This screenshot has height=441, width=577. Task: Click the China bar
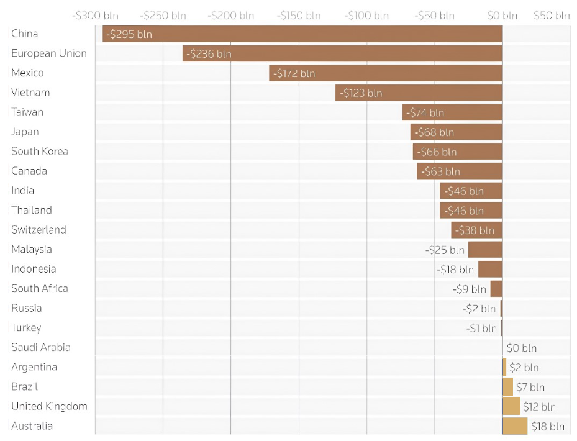pos(302,34)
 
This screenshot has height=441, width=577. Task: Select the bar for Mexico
pos(385,73)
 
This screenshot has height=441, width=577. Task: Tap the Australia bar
pos(514,426)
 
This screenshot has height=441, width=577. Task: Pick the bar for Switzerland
pos(476,230)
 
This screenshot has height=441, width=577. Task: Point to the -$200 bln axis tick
pos(230,16)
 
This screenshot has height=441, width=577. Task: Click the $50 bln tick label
pos(552,16)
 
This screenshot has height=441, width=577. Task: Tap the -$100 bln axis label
pos(366,16)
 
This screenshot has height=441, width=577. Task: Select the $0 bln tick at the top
pos(502,16)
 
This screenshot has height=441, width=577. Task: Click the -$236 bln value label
pos(209,54)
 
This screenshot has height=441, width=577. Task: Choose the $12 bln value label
pos(539,407)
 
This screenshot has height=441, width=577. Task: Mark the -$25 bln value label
pos(445,250)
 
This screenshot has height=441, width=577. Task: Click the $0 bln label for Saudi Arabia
pos(522,348)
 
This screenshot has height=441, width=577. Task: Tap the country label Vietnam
pos(30,93)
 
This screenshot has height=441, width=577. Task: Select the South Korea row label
pos(40,152)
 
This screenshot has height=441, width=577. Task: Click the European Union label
pos(49,53)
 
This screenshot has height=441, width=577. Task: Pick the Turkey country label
pos(26,328)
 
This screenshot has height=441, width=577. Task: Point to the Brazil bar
pos(507,387)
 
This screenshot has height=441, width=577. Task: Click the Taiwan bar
pos(452,112)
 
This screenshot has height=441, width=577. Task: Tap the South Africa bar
pos(496,289)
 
